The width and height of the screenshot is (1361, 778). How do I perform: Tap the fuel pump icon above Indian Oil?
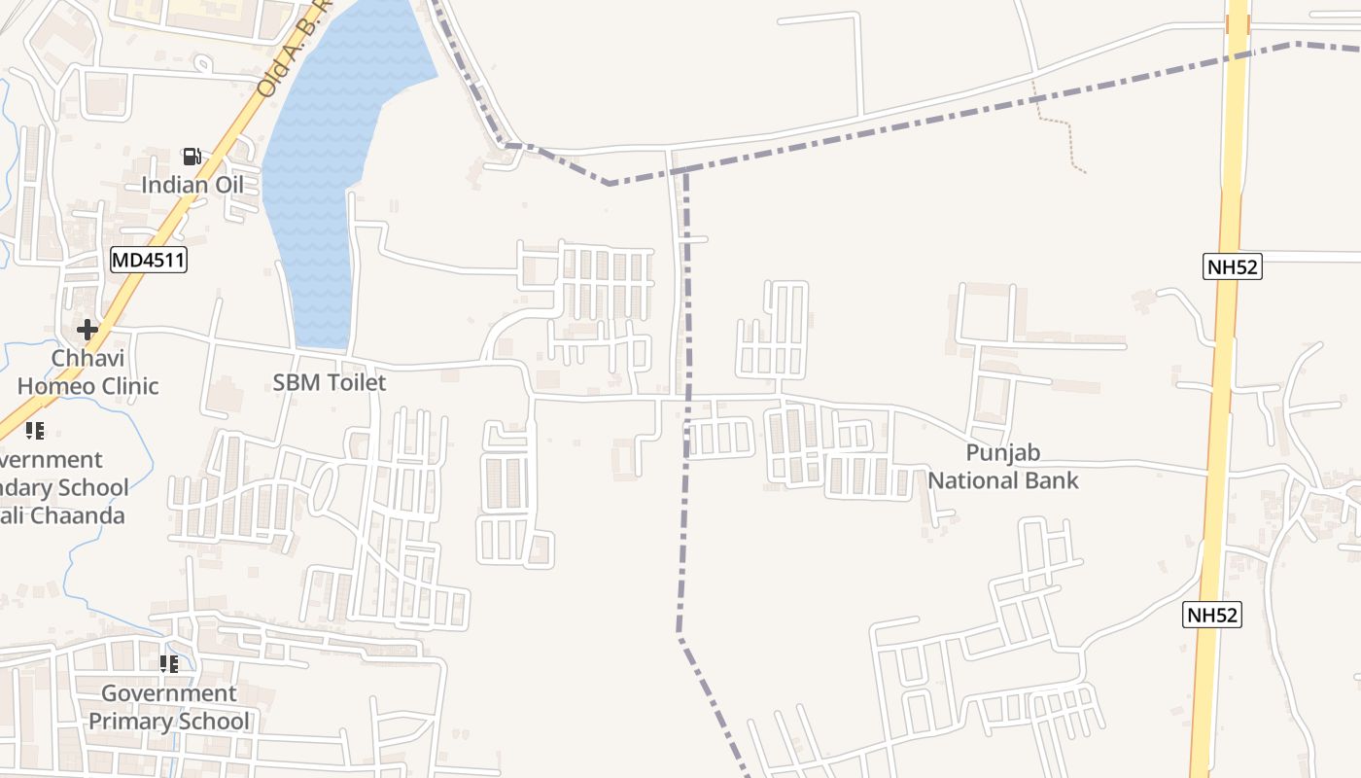pos(192,157)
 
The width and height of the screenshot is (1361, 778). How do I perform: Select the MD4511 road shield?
pos(148,260)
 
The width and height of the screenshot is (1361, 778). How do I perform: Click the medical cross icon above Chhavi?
pos(87,330)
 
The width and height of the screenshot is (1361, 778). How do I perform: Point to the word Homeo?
pos(58,386)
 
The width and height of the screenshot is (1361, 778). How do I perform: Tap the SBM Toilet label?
pos(329,382)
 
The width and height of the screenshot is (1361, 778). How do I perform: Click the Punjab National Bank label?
pos(1003,466)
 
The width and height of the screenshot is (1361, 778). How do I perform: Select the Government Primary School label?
pos(169,707)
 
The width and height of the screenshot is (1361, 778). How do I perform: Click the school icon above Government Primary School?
pos(169,664)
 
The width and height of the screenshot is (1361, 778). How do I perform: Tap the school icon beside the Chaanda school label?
pos(35,431)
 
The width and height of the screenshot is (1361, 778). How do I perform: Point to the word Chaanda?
pos(78,515)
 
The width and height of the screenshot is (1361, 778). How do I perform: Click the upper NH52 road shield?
pos(1232,266)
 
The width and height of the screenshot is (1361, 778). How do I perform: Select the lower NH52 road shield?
pos(1212,615)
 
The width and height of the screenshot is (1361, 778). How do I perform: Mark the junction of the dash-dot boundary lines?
pos(685,171)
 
